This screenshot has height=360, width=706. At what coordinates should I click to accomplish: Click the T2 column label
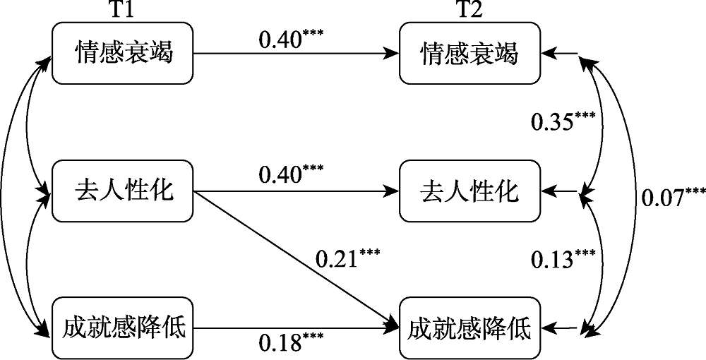point(469,10)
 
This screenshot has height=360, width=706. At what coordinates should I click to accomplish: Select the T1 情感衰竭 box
point(124,53)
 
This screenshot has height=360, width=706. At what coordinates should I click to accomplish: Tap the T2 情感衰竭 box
point(469,53)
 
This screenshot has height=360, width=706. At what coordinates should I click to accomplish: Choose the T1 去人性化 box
point(124,191)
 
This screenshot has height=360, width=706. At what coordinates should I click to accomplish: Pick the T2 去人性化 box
point(469,191)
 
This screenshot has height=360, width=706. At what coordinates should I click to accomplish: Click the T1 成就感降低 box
point(124,328)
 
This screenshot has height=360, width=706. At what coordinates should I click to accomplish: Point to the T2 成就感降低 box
point(469,328)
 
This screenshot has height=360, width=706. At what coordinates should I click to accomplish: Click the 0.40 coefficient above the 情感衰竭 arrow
point(290,37)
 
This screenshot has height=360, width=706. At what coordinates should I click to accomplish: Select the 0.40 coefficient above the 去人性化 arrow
point(290,174)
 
